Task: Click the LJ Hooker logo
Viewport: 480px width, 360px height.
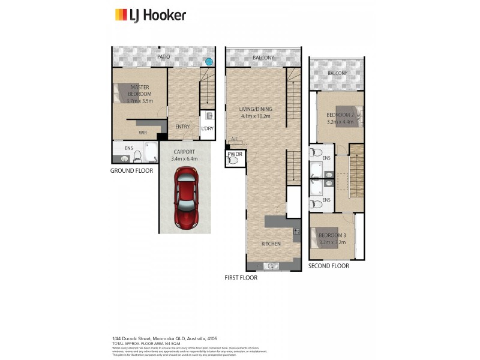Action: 150,15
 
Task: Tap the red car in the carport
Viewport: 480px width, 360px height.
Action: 187,197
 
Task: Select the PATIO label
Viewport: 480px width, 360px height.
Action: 163,57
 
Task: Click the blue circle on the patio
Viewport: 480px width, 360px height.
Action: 208,61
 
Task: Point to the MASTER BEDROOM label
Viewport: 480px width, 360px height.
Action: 140,91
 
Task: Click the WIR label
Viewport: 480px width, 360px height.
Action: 143,132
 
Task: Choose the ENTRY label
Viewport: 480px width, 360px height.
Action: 182,127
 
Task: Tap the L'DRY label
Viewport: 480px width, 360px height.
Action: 207,128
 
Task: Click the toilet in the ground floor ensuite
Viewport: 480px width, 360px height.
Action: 137,157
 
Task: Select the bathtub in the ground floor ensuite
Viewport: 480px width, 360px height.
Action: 150,152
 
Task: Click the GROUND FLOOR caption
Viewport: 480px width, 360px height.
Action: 131,170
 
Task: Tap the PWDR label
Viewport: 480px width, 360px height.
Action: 234,154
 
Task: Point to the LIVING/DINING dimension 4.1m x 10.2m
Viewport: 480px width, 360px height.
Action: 256,116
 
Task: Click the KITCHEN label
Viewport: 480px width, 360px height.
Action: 271,244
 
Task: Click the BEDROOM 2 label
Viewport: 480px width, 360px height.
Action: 338,115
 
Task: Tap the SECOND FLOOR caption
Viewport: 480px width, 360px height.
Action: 328,265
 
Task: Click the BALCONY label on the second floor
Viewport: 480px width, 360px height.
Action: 337,73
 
